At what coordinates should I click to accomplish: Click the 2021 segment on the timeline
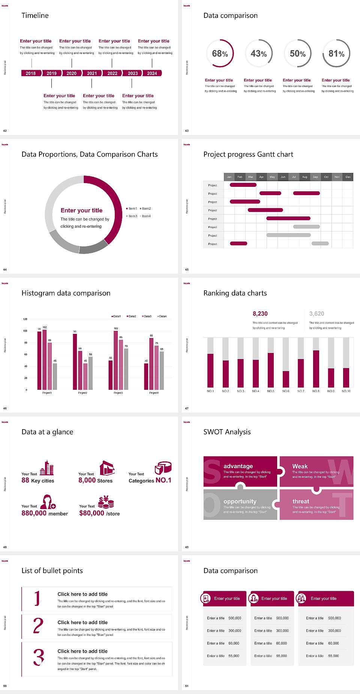(92, 73)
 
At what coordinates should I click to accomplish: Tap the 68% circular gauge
(220, 54)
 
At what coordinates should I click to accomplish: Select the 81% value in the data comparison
(336, 54)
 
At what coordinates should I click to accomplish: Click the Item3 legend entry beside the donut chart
(132, 216)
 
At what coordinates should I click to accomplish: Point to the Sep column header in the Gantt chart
(315, 177)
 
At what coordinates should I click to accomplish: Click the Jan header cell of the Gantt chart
(229, 177)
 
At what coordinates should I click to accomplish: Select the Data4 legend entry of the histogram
(162, 316)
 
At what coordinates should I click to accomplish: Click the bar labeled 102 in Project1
(45, 359)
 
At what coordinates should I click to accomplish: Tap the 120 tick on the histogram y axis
(25, 319)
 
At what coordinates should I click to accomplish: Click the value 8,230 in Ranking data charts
(260, 314)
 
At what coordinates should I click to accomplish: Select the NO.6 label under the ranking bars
(286, 391)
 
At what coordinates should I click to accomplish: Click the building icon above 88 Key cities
(47, 468)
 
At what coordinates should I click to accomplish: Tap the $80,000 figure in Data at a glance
(91, 513)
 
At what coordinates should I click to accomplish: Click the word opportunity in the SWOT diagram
(240, 501)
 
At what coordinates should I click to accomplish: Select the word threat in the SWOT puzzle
(301, 501)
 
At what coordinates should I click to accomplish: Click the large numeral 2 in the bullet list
(38, 626)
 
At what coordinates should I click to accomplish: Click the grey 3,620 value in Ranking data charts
(316, 314)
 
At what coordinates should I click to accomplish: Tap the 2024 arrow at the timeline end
(152, 73)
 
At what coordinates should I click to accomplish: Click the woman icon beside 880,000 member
(48, 502)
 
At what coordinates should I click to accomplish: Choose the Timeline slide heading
(35, 15)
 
